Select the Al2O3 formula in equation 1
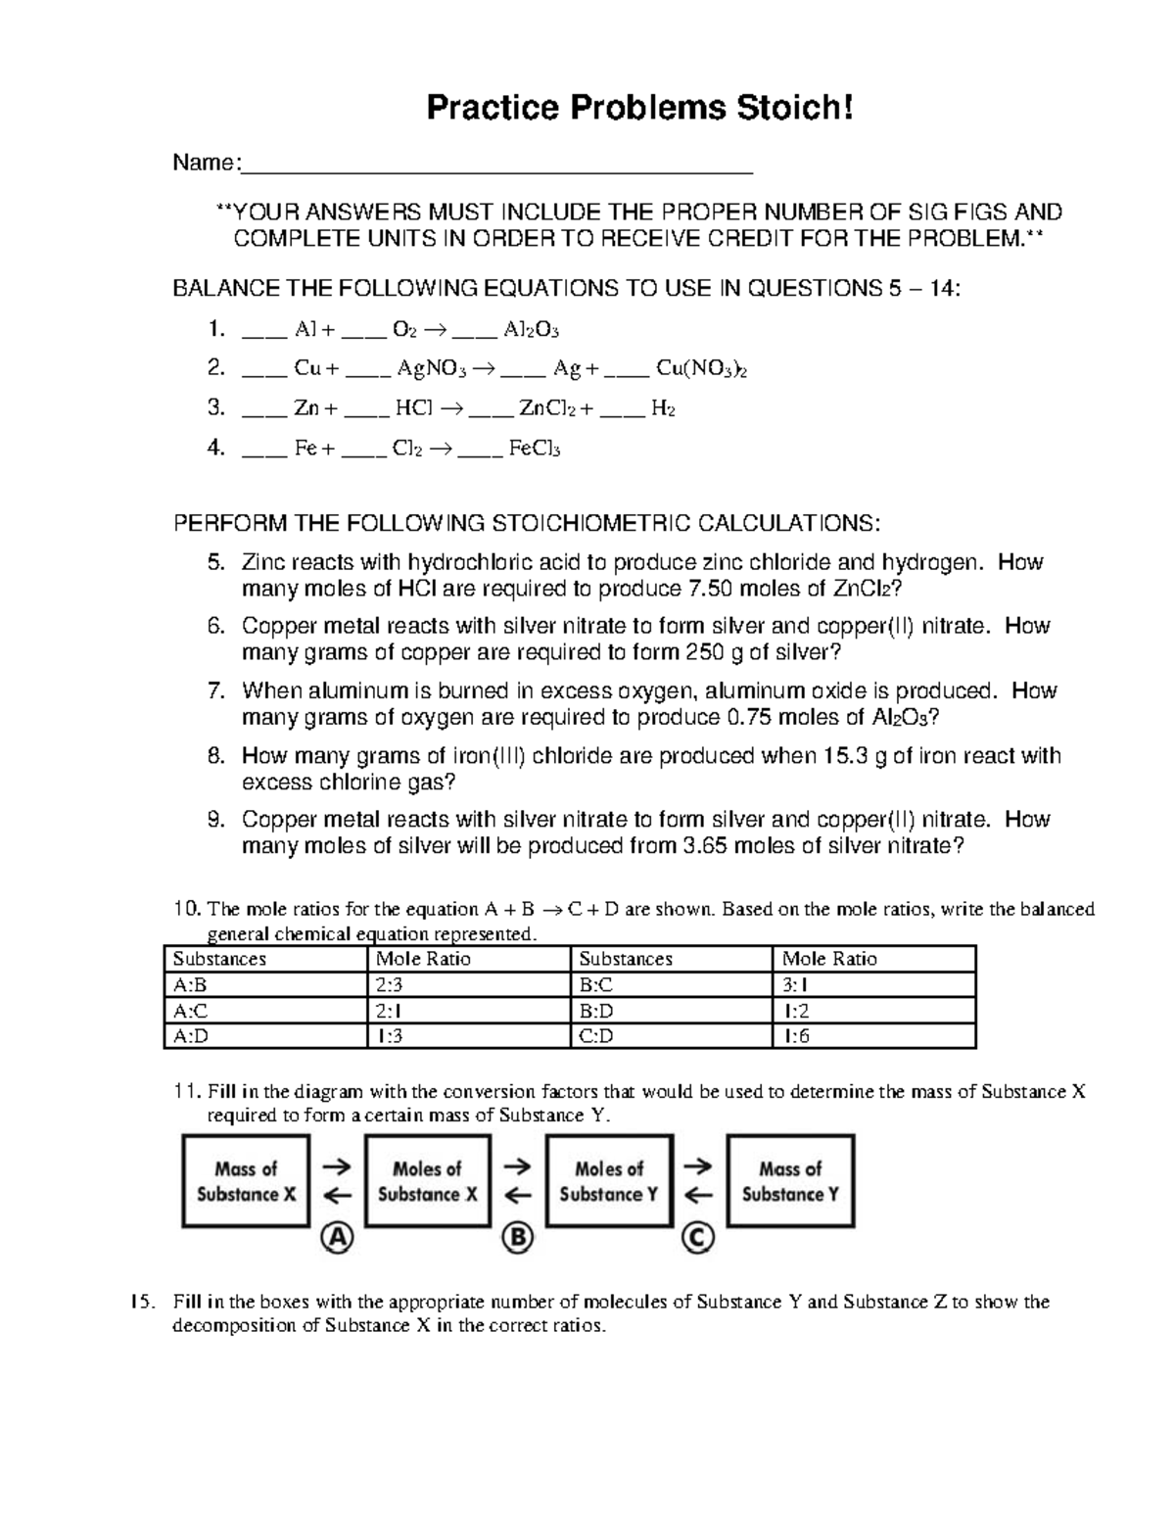532,330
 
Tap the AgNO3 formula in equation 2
433,369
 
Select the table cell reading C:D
596,1036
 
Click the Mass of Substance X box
246,1181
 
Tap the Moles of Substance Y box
609,1181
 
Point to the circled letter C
698,1239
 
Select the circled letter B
517,1239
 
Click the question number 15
143,1302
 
